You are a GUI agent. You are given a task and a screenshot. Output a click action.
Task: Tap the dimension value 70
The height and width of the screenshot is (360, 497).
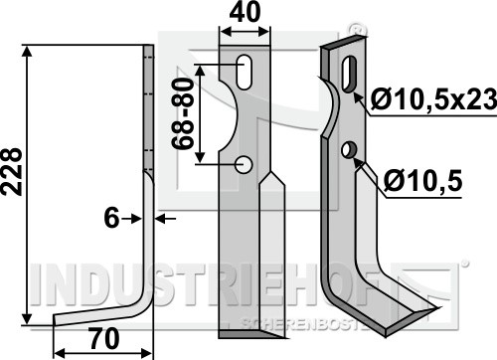pyautogui.click(x=104, y=339)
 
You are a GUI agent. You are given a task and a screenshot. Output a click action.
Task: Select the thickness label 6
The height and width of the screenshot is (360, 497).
pyautogui.click(x=111, y=219)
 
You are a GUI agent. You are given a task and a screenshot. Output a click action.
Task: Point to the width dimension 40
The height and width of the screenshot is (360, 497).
pyautogui.click(x=246, y=13)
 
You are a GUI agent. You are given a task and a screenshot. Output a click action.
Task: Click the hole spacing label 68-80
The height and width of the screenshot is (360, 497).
pyautogui.click(x=182, y=114)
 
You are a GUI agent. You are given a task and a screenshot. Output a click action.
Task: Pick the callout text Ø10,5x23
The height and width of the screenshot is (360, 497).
pyautogui.click(x=433, y=99)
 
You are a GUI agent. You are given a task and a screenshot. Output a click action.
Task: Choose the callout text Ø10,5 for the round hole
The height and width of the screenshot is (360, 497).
pyautogui.click(x=422, y=182)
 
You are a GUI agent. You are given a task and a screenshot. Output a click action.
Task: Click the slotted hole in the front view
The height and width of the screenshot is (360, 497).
pyautogui.click(x=245, y=72)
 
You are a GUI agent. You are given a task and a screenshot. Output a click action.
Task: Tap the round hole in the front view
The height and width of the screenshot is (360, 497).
pyautogui.click(x=244, y=164)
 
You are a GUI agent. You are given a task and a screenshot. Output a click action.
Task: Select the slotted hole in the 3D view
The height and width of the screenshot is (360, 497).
pyautogui.click(x=349, y=75)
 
